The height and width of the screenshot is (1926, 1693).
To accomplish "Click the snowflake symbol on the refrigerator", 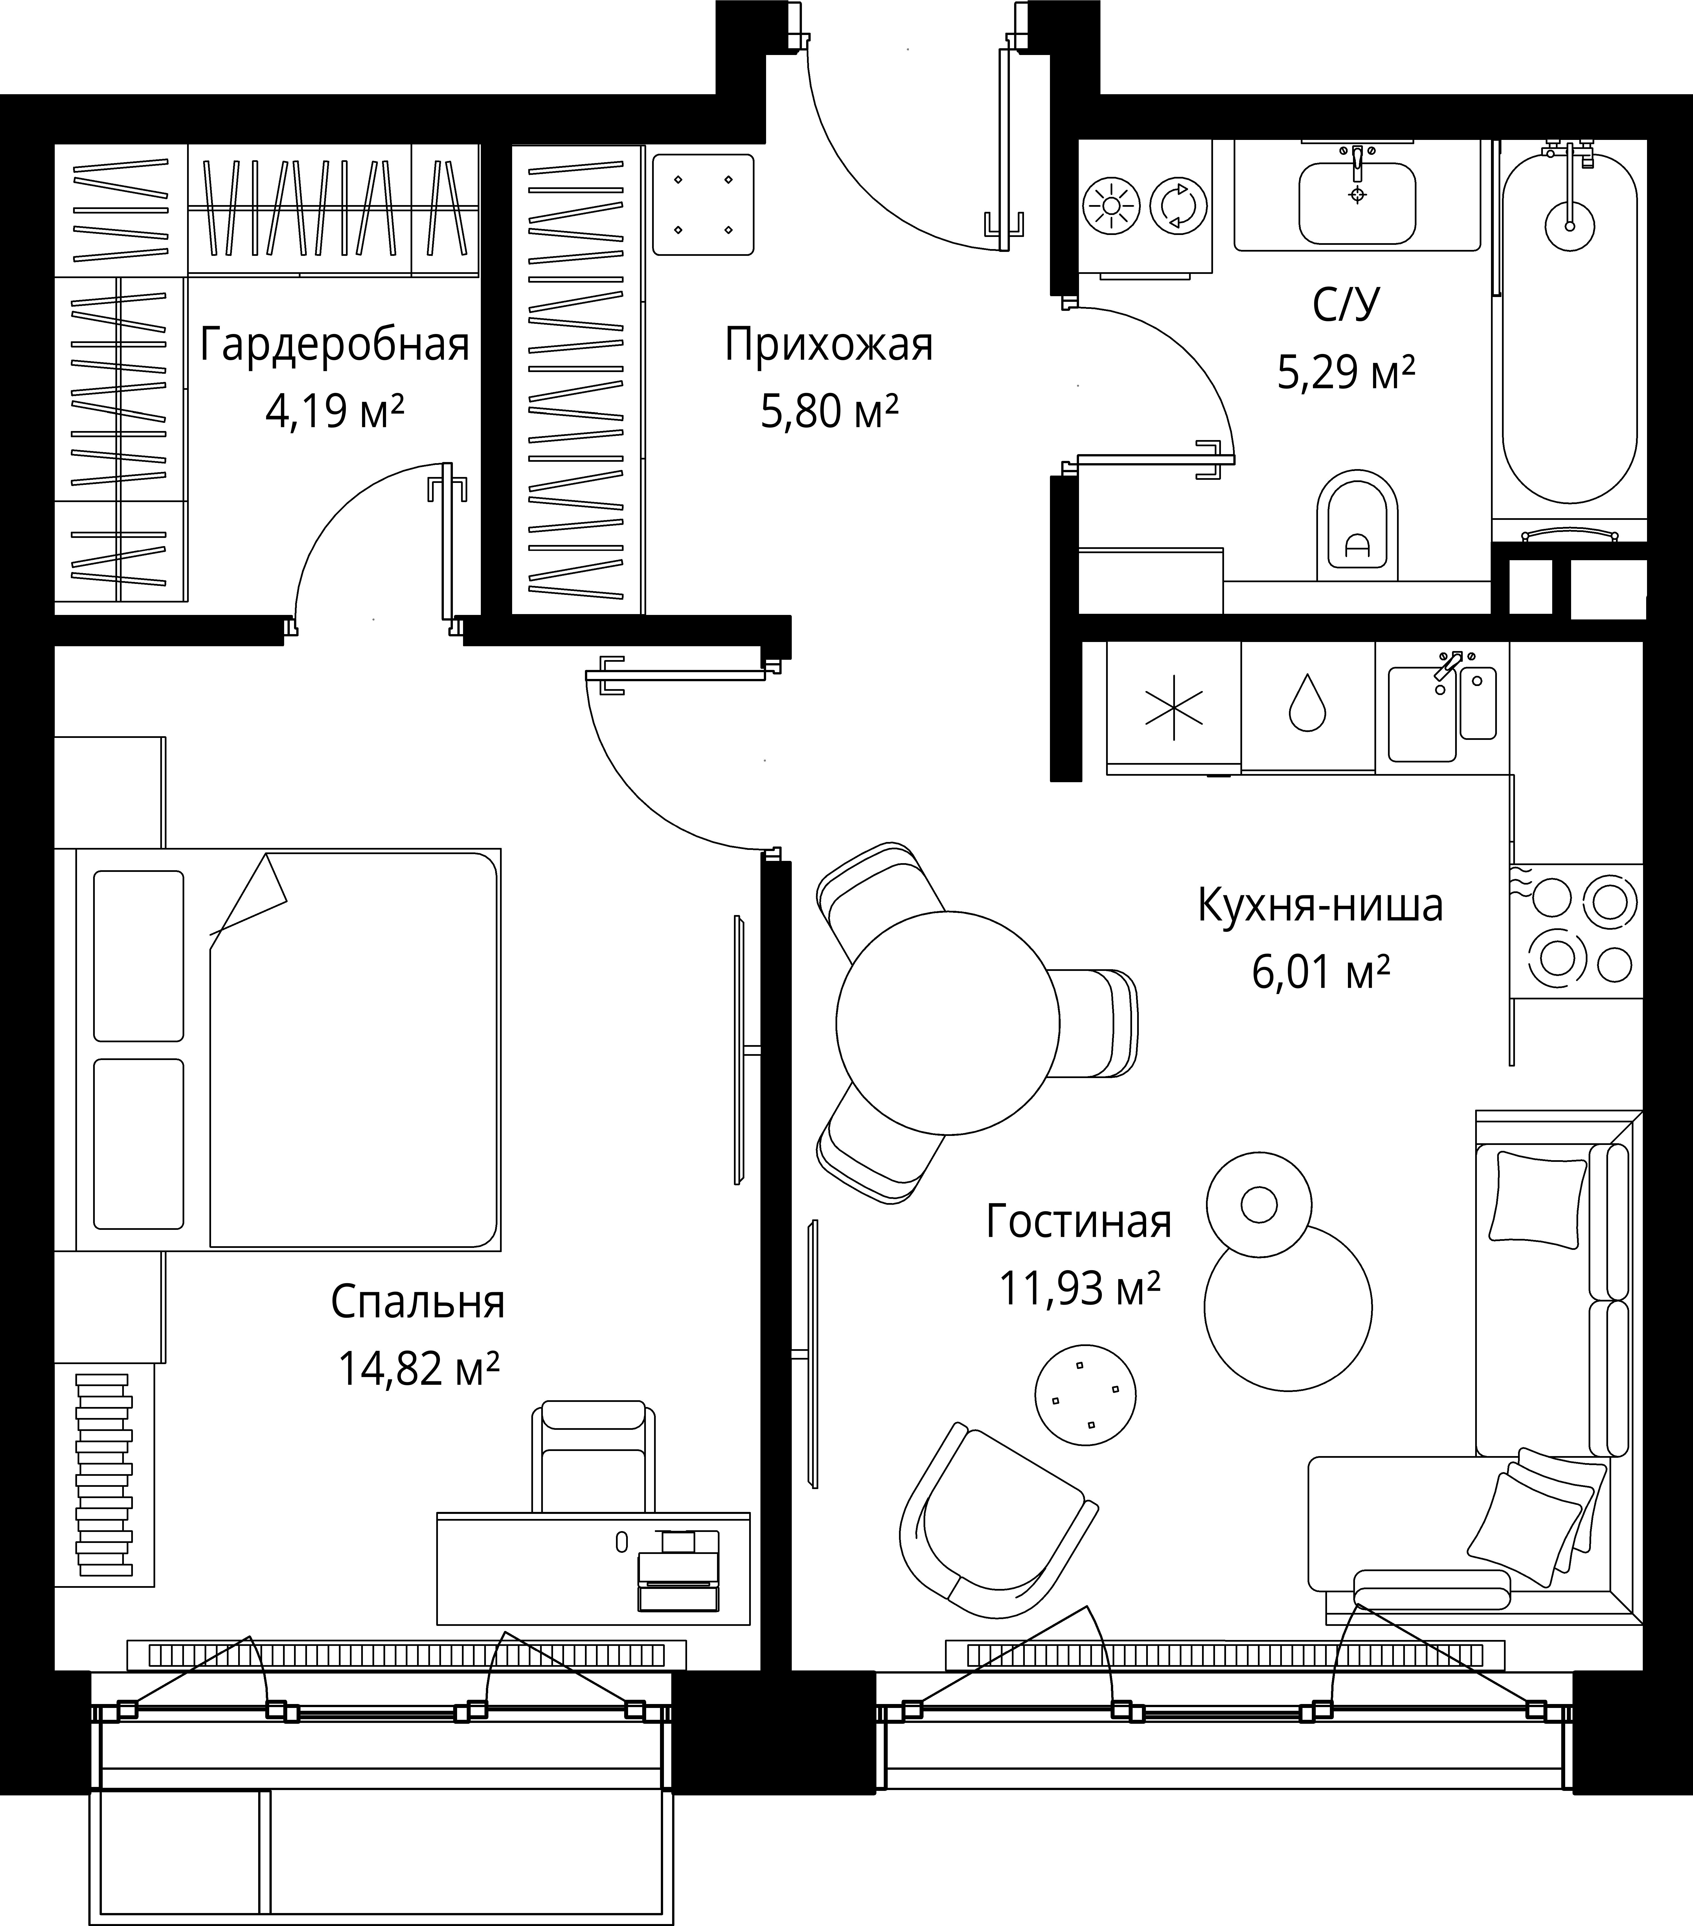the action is coord(1174,707).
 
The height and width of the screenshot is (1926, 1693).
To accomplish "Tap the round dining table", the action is coord(947,1022).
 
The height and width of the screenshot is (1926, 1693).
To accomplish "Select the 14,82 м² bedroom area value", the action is coord(418,1368).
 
